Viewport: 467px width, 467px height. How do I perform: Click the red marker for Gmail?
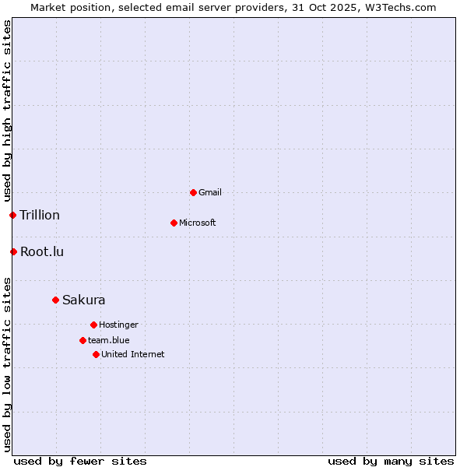click(193, 192)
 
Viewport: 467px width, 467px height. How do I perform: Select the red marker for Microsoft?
click(174, 223)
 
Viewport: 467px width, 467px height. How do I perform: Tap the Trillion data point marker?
click(12, 215)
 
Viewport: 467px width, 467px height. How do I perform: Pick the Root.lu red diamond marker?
click(13, 251)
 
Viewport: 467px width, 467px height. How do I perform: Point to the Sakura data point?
click(55, 300)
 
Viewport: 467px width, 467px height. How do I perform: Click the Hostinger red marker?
click(93, 325)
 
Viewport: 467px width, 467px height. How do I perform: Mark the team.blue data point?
click(83, 340)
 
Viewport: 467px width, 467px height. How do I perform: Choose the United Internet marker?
click(96, 354)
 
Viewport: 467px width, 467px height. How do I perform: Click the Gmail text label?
click(210, 192)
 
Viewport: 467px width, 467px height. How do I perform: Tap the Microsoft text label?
click(198, 223)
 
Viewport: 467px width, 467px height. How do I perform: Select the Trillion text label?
click(40, 215)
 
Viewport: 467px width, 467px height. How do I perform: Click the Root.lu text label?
click(42, 251)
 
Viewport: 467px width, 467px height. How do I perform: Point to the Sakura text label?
click(84, 300)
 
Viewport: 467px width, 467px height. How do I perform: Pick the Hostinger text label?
click(118, 325)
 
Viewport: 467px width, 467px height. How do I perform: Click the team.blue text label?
click(109, 340)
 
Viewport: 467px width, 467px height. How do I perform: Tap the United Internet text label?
click(133, 354)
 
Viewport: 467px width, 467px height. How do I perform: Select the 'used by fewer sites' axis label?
click(80, 461)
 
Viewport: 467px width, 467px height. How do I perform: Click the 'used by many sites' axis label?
click(391, 461)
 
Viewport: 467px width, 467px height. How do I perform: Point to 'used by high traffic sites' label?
click(7, 111)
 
